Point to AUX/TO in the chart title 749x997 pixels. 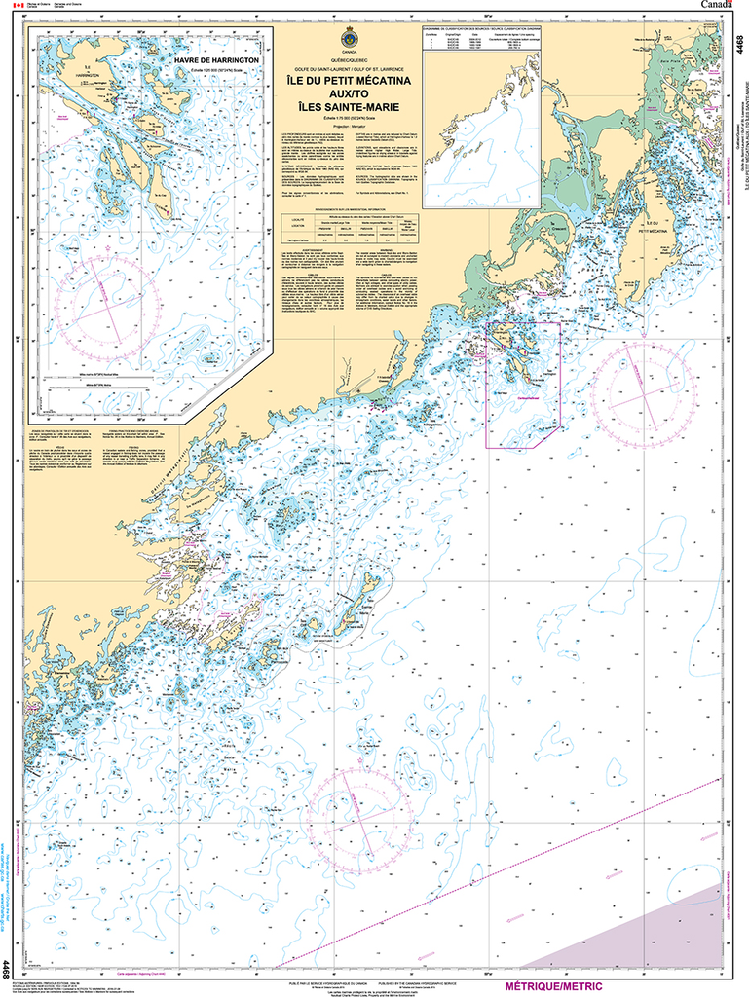pos(349,95)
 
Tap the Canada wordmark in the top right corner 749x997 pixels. pos(722,6)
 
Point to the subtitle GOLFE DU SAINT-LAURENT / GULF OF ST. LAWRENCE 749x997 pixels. pos(349,71)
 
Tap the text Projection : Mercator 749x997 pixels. pos(349,125)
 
